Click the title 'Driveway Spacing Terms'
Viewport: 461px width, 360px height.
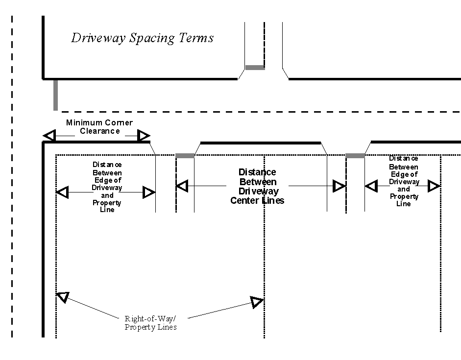(x=142, y=38)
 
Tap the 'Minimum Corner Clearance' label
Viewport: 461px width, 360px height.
(x=99, y=127)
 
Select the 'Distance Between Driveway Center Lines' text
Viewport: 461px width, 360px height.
(x=257, y=186)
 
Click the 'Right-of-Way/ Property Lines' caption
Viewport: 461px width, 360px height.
(x=150, y=322)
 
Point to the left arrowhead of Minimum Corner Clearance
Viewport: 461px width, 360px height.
(x=49, y=136)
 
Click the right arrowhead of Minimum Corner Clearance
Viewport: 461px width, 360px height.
(x=144, y=136)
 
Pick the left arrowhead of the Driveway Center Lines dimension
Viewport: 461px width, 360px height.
(x=182, y=186)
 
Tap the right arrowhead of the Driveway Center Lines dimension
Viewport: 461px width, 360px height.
(x=339, y=186)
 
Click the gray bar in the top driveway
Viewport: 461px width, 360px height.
(x=255, y=68)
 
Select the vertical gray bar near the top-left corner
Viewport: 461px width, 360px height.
(x=55, y=95)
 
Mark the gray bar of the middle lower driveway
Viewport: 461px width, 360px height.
(x=185, y=156)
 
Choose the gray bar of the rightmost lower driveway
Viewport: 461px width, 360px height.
(x=355, y=156)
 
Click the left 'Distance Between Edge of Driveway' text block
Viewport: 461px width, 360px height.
(x=107, y=187)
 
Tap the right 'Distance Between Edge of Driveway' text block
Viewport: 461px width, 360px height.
(x=404, y=181)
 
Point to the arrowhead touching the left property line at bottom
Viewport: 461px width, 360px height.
(x=63, y=296)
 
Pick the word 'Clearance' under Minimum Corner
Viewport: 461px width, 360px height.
(x=99, y=131)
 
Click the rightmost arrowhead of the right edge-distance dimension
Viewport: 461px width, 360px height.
(x=434, y=186)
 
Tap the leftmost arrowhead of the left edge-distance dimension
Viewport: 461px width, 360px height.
(x=62, y=192)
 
